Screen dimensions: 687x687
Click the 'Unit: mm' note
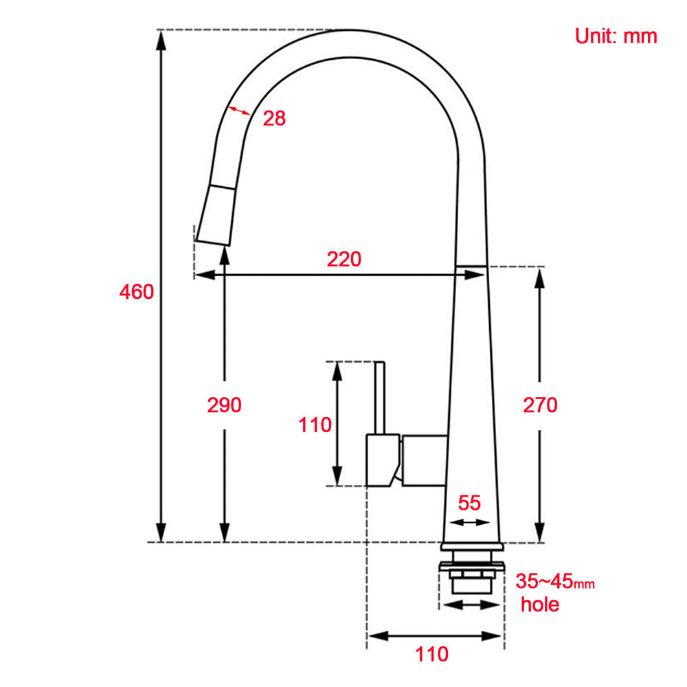616,36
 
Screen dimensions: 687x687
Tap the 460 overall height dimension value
137,291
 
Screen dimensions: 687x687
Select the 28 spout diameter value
274,118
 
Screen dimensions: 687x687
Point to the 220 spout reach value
343,259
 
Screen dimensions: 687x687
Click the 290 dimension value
225,405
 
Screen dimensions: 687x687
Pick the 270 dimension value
540,405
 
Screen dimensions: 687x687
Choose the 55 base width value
469,503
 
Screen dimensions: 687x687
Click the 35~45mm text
555,582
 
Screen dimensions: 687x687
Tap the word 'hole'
539,605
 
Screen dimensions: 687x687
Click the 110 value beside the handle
315,425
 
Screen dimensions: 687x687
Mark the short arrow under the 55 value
469,522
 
